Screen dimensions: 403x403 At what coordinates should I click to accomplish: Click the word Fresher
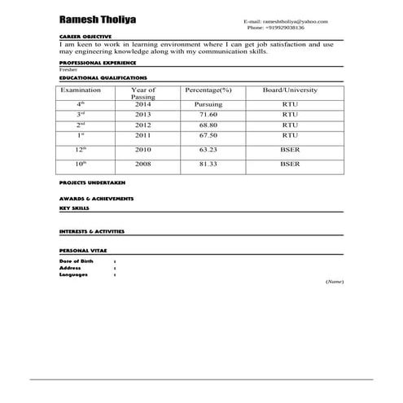click(70, 70)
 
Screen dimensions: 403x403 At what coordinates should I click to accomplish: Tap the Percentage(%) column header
click(208, 90)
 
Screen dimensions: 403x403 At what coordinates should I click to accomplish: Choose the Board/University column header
click(290, 90)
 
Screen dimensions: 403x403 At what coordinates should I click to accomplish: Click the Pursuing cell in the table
click(208, 105)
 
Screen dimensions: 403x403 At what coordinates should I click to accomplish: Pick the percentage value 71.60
click(208, 116)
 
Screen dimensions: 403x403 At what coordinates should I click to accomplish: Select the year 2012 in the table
click(143, 125)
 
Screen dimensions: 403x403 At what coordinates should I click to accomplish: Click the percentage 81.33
click(208, 164)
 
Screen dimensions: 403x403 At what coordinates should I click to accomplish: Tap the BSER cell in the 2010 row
click(290, 151)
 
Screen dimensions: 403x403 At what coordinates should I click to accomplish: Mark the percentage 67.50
click(208, 136)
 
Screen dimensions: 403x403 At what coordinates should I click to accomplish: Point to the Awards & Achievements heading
click(97, 199)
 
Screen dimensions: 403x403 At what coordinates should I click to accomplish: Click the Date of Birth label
click(77, 260)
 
